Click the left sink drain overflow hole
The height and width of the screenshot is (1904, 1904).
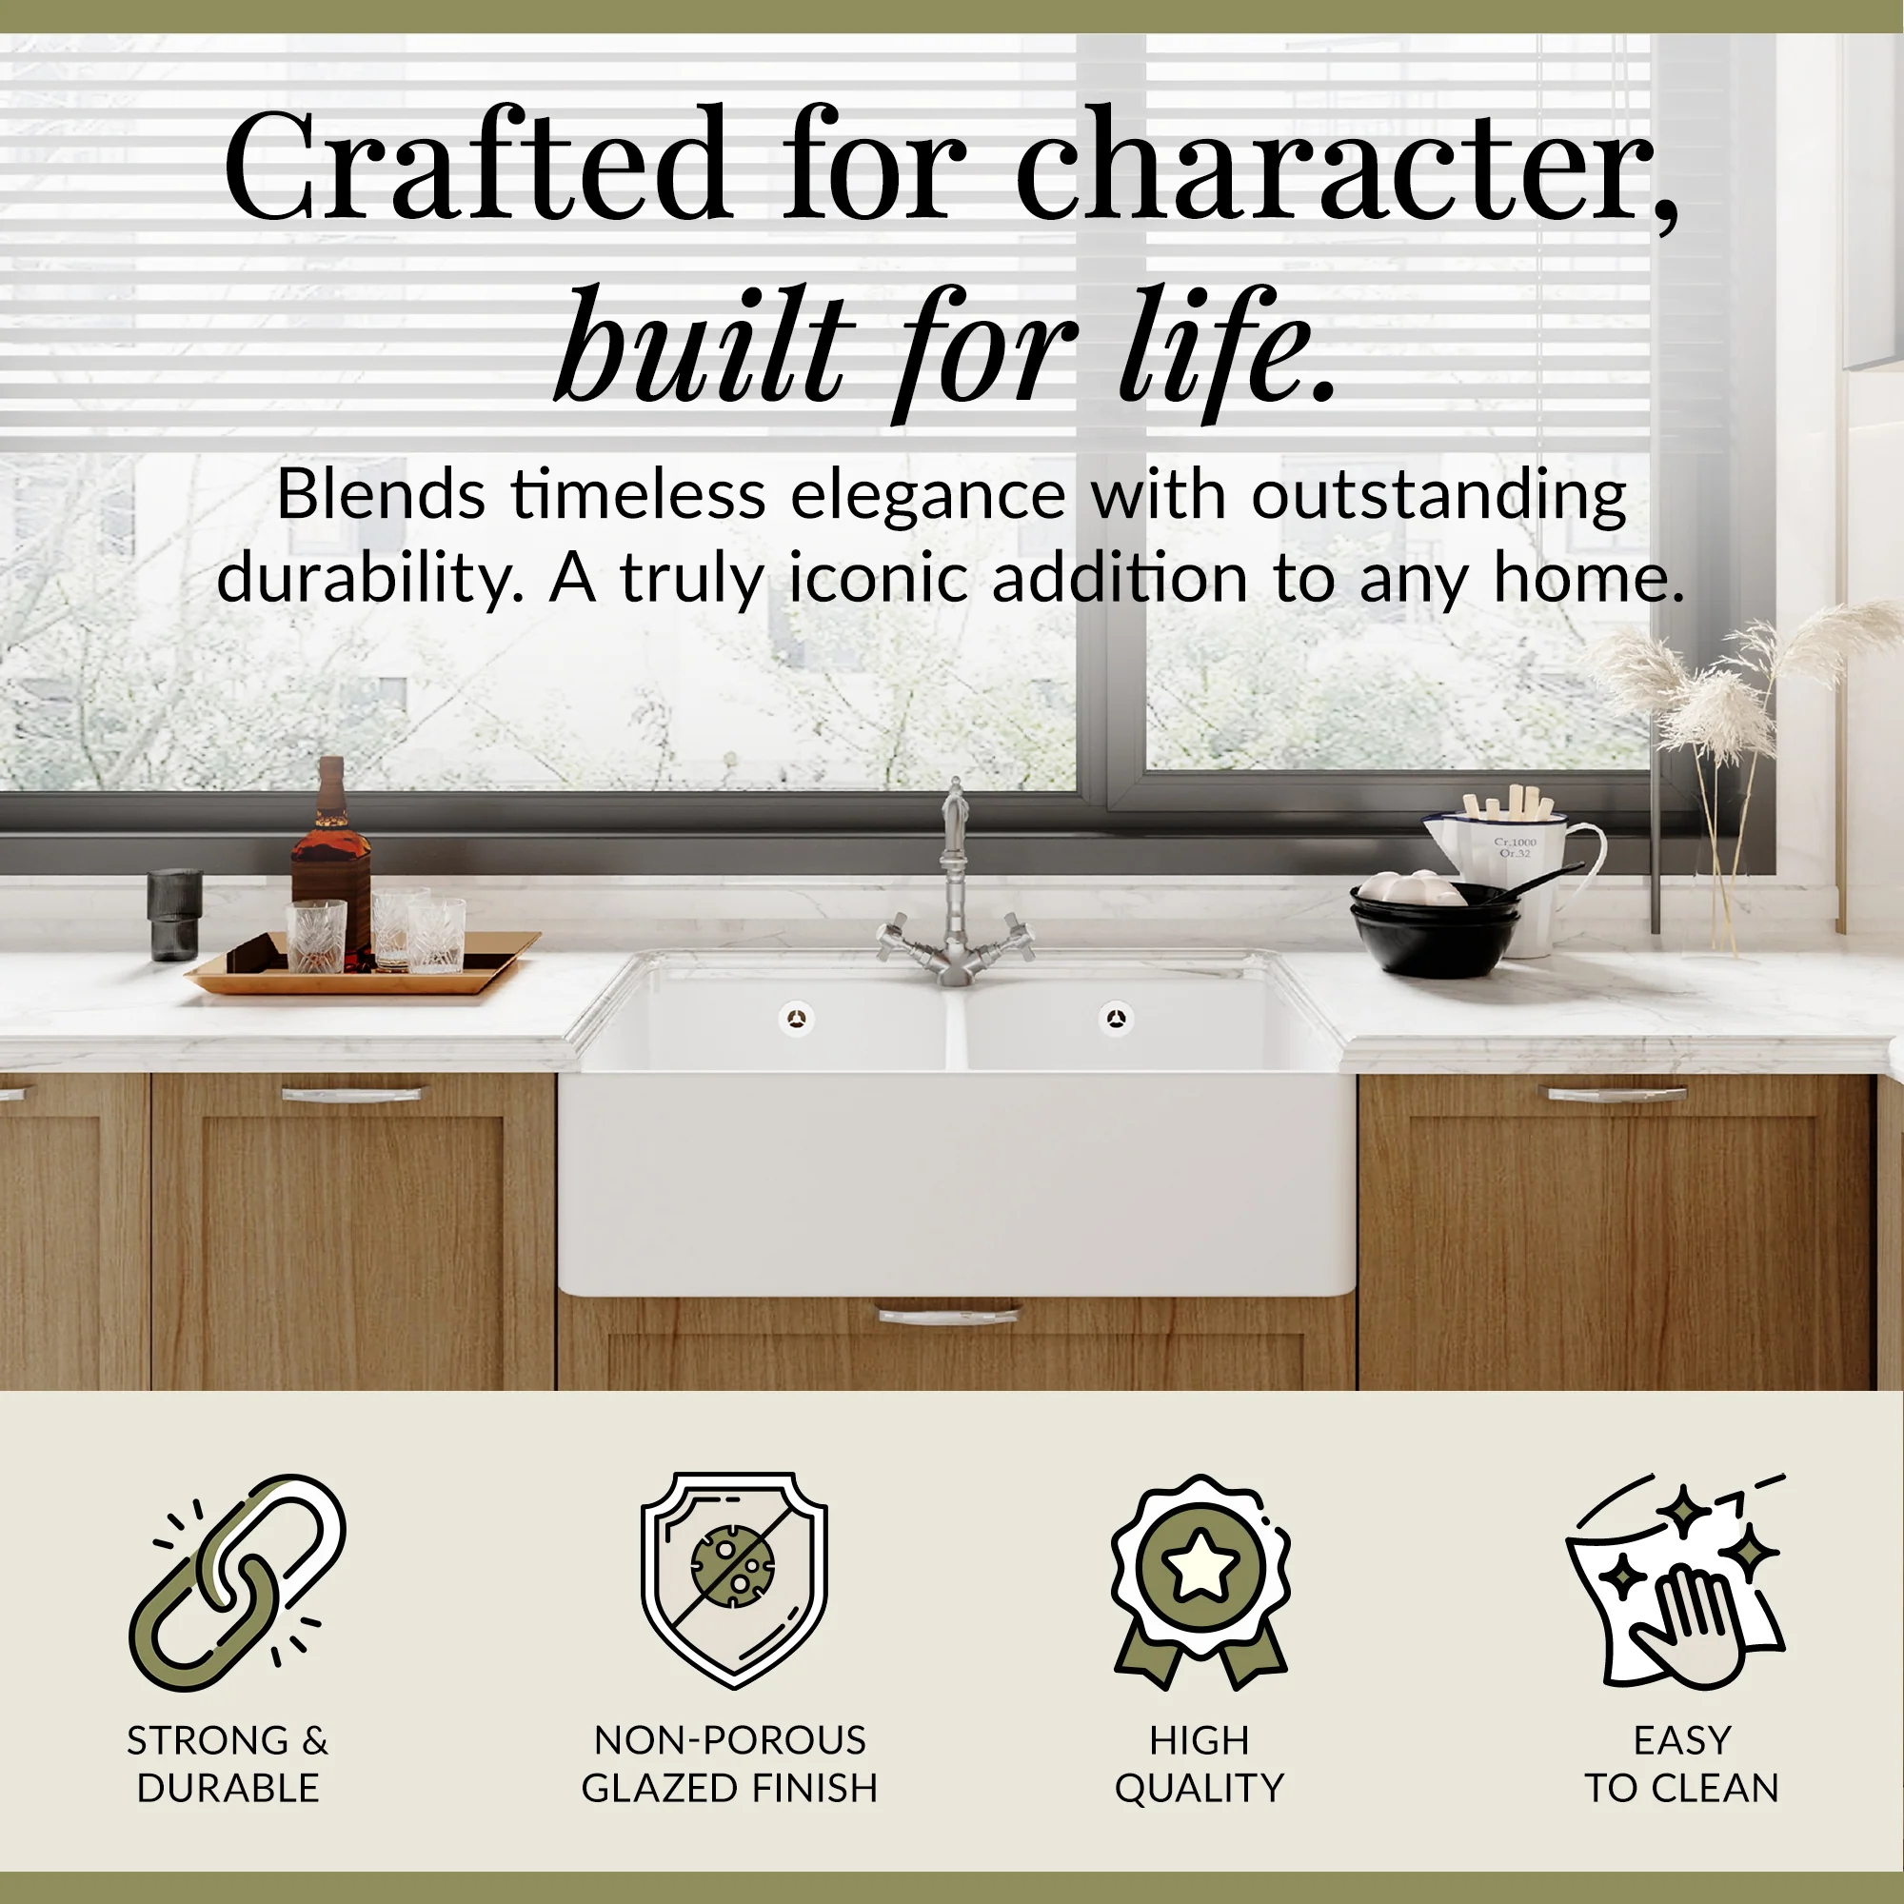[796, 1018]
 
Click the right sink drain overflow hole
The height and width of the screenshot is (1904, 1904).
[1115, 1018]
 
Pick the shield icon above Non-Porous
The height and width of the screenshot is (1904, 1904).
[733, 1577]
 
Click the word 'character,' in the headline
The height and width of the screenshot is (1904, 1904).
[1346, 168]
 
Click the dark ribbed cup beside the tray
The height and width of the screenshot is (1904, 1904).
[174, 914]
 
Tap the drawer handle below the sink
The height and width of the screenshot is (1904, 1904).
[948, 1314]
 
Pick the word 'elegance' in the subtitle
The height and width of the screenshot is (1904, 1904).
[927, 495]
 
